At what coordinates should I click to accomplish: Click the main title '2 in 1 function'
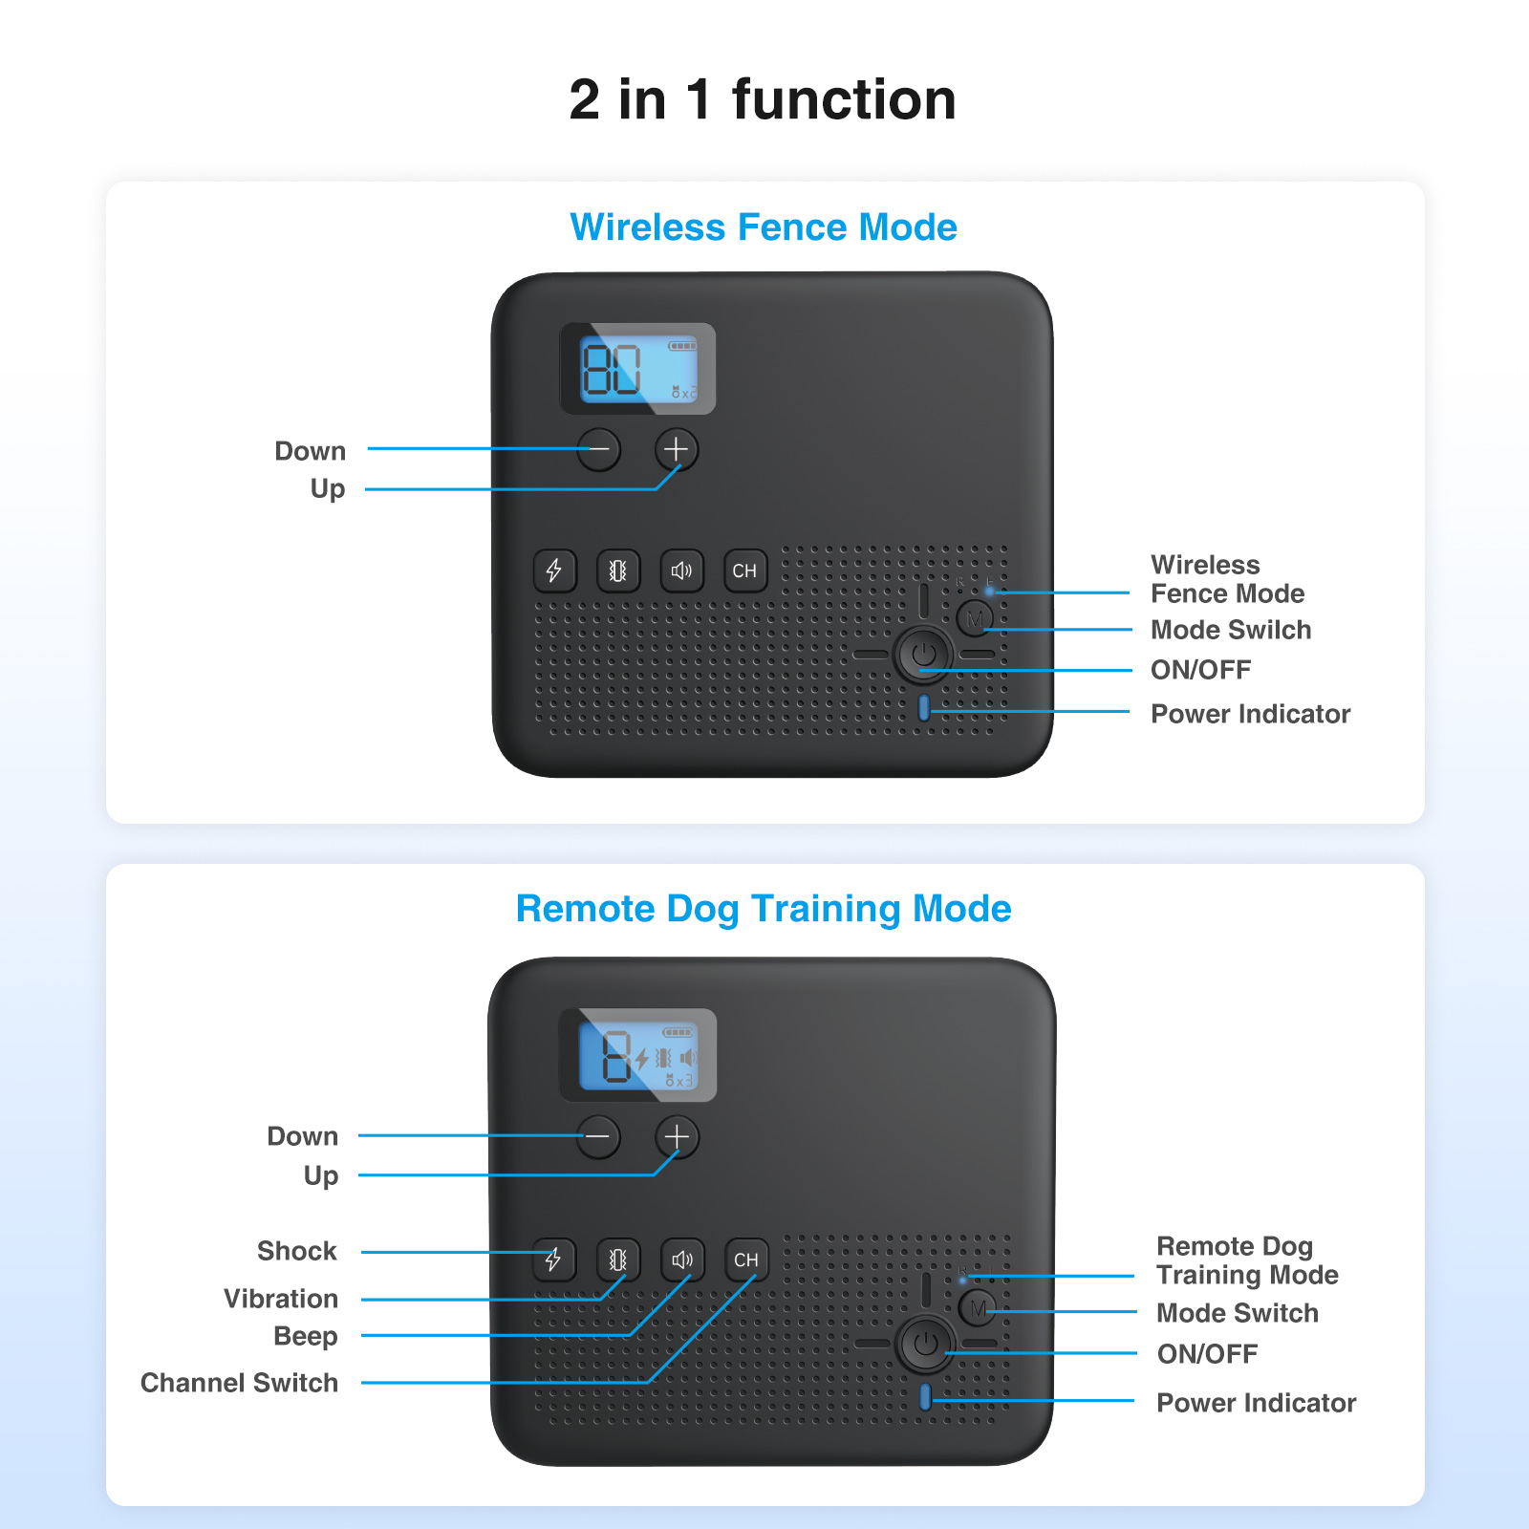763,99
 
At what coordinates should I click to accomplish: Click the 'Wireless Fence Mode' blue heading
764,227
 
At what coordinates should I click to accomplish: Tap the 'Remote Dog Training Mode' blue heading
764,910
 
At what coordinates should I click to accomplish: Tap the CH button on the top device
744,571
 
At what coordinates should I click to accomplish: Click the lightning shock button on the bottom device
554,1260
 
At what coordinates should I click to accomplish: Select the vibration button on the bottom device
618,1260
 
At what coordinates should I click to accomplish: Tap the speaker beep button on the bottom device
682,1260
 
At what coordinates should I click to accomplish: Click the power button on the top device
923,655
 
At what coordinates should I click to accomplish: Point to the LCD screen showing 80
637,369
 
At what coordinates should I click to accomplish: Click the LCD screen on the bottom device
637,1055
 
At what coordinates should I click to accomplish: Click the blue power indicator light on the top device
923,708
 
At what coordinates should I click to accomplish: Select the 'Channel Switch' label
239,1383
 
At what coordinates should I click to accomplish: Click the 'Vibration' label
281,1299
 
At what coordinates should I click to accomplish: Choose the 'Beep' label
306,1336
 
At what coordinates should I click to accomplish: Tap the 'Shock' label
297,1251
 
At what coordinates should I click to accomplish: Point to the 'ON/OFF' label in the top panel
1201,670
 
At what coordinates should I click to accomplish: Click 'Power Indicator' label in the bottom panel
1257,1403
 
